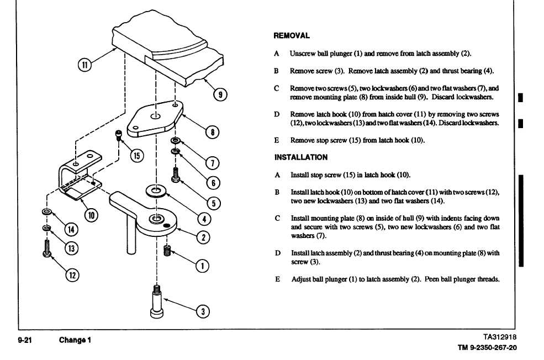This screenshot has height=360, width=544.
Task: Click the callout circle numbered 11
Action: pos(84,65)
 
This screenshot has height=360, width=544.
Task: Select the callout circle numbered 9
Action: pos(220,94)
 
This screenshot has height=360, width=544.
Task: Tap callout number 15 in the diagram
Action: pos(136,155)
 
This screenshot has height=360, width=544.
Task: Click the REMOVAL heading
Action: pos(292,36)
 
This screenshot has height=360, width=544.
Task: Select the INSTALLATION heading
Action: pos(301,157)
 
